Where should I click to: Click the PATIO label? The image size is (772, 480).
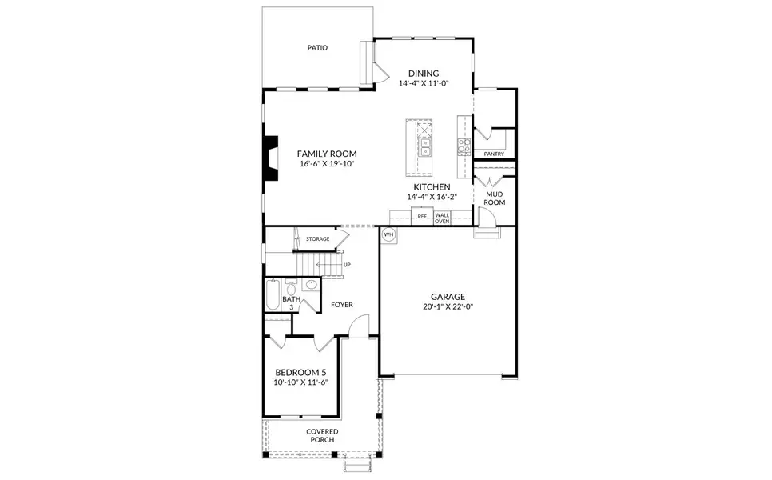(317, 48)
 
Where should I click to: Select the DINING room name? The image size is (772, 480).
(424, 73)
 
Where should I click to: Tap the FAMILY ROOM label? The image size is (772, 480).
(326, 154)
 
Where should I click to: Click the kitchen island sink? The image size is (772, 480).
(425, 147)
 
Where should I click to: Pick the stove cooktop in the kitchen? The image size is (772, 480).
(464, 146)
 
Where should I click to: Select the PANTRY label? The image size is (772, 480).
(494, 154)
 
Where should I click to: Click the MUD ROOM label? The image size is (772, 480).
(495, 198)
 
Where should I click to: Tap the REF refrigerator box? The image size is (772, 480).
(422, 216)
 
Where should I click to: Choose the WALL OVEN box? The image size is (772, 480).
(442, 218)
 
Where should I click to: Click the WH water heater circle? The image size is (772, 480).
(389, 234)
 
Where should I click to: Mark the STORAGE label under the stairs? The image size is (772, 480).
(317, 238)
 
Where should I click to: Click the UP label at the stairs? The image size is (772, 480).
(347, 265)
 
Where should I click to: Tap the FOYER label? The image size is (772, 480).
(341, 305)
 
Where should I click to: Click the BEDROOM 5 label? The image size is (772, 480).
(300, 372)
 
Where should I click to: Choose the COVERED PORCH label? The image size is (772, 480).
(322, 435)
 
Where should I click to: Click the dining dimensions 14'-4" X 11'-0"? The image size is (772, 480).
(424, 82)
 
